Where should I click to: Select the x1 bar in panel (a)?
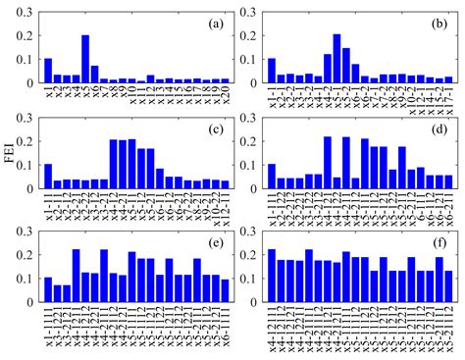(x=48, y=72)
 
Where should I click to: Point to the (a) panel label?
(x=207, y=21)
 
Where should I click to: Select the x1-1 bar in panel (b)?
(x=272, y=72)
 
